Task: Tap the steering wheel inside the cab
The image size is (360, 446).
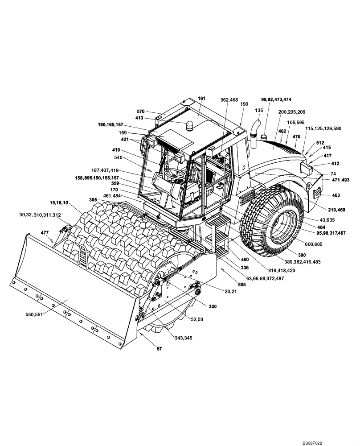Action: tap(175, 172)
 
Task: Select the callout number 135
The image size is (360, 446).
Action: tap(259, 110)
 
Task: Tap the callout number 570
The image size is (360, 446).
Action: tap(141, 111)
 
